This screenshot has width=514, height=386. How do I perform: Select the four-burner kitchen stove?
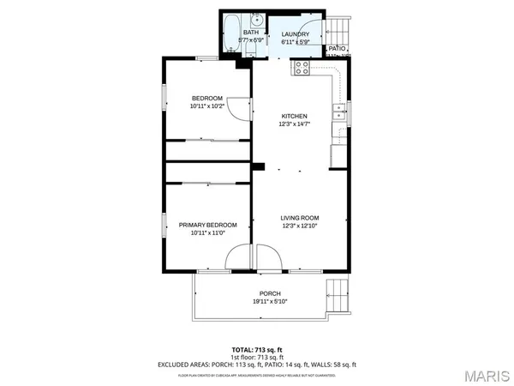(302, 68)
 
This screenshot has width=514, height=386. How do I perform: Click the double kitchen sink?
(339, 109)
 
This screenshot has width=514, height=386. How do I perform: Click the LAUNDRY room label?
(296, 34)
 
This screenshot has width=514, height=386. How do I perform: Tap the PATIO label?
(338, 49)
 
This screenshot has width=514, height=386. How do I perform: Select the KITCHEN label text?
(294, 116)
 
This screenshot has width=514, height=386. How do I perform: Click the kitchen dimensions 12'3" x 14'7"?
(294, 124)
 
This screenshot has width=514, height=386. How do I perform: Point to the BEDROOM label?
(207, 97)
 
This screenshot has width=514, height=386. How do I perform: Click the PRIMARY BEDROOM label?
(207, 225)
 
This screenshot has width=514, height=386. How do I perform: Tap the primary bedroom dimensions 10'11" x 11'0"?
(207, 232)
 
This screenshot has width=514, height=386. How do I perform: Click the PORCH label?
(270, 293)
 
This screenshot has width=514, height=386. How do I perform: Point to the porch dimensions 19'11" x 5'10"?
(270, 301)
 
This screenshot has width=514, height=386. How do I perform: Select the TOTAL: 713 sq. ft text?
(257, 350)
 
